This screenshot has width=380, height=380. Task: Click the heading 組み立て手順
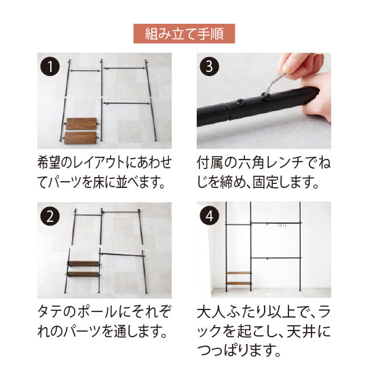pyautogui.click(x=184, y=33)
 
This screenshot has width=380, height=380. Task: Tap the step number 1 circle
pyautogui.click(x=50, y=66)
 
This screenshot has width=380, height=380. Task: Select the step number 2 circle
pyautogui.click(x=50, y=216)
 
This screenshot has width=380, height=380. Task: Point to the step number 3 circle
pyautogui.click(x=210, y=66)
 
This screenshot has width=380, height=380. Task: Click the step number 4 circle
pyautogui.click(x=210, y=216)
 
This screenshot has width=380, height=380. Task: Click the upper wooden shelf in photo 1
pyautogui.click(x=81, y=123)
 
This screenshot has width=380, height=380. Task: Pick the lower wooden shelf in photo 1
pyautogui.click(x=81, y=138)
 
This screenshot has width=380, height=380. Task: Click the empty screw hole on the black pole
pyautogui.click(x=241, y=102)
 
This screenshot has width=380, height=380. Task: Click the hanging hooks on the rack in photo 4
pyautogui.click(x=282, y=225)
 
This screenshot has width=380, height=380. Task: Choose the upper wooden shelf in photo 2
pyautogui.click(x=84, y=264)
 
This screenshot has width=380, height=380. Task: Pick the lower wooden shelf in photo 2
pyautogui.click(x=83, y=274)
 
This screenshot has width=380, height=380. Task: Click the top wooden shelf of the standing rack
pyautogui.click(x=238, y=273)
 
